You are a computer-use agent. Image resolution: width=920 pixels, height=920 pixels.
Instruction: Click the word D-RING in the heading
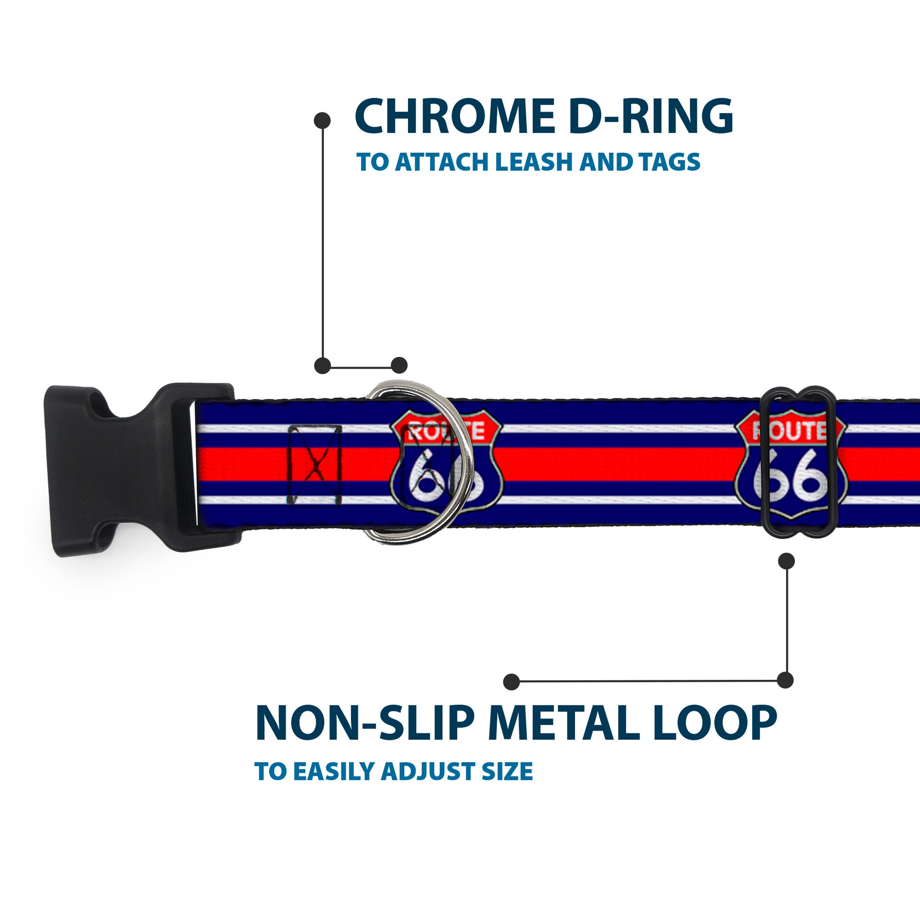coord(651,117)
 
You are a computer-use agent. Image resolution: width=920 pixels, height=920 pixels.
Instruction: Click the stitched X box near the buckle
coord(315,466)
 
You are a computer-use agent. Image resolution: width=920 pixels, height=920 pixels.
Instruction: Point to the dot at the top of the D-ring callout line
coord(322,121)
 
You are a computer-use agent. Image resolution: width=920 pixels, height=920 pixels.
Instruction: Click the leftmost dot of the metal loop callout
coord(512,681)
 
